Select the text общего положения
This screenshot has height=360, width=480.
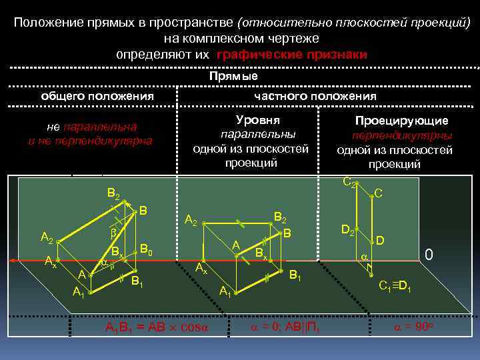point(97,96)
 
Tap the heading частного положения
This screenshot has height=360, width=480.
point(315,96)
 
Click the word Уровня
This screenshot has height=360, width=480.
point(258,119)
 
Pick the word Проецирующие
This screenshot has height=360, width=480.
point(401,121)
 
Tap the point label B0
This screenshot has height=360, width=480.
point(147,249)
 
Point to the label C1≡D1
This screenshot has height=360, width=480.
point(398,287)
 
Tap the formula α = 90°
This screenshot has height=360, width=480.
point(415,327)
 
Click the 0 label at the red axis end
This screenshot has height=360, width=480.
point(429,254)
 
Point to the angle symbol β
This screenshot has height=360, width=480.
point(113,234)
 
